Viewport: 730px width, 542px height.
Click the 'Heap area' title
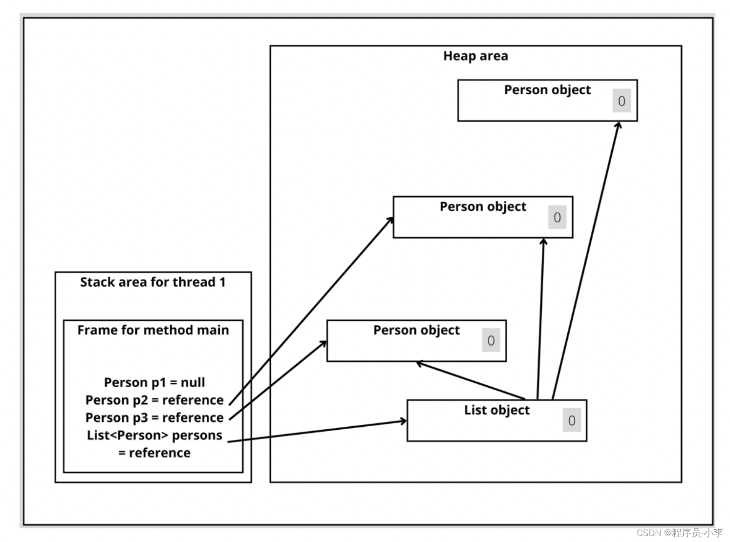475,56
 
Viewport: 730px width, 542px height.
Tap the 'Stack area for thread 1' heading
153,282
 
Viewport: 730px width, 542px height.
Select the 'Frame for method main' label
153,330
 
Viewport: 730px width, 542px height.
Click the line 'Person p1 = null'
154,382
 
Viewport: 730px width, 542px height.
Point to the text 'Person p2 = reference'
154,400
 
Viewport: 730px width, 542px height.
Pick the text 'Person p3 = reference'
154,417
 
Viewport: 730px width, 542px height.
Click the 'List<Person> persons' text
154,435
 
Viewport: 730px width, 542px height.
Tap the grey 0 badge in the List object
572,420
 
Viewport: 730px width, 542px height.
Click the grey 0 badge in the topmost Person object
622,101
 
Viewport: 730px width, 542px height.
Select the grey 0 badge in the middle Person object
557,217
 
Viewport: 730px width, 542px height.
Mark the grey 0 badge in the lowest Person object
491,340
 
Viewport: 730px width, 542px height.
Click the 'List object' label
496,410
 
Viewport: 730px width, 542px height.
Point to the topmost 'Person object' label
547,90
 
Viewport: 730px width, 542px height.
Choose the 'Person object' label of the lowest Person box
416,330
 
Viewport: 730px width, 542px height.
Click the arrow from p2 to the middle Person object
311,311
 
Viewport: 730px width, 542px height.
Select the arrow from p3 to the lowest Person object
278,380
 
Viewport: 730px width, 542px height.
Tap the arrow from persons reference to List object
317,431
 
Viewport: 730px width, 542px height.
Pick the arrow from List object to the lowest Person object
471,381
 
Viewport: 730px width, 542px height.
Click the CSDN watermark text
679,533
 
